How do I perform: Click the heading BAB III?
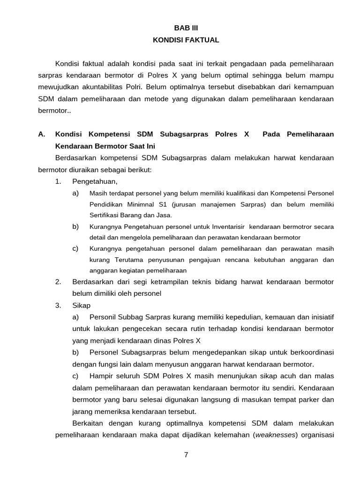186,28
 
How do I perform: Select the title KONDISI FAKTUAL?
186,40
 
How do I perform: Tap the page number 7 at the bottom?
186,454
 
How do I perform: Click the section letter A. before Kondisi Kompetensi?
42,134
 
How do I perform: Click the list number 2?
58,282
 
